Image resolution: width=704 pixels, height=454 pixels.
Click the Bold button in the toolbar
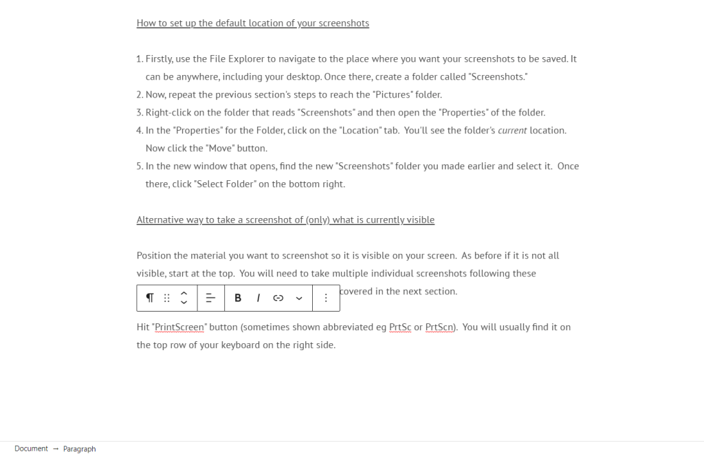click(238, 298)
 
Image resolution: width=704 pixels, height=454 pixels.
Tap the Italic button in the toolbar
click(258, 298)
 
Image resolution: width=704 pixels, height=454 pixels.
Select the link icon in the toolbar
click(278, 298)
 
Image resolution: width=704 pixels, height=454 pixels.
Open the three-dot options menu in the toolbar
click(326, 298)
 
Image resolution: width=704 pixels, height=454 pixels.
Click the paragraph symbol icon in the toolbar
click(150, 298)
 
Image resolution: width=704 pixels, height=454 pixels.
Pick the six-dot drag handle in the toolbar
click(167, 298)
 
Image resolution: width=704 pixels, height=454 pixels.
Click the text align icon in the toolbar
click(210, 298)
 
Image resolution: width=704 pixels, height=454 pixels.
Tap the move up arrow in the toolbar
click(184, 293)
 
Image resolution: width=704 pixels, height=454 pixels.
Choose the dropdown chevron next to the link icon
click(299, 298)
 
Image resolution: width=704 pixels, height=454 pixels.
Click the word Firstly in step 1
click(159, 59)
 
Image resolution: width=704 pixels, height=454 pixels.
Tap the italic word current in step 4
click(512, 131)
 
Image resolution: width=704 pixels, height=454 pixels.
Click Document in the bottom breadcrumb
click(31, 448)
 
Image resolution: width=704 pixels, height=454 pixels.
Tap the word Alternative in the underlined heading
click(160, 220)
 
